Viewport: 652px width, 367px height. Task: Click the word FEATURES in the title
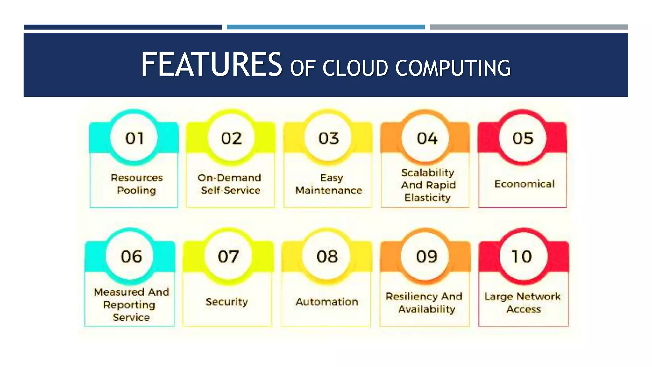tap(211, 65)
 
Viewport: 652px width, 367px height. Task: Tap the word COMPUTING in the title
tap(453, 68)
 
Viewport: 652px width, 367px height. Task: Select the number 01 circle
tap(134, 138)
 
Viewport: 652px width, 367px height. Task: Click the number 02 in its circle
tap(231, 138)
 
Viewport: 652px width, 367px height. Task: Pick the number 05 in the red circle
tap(522, 138)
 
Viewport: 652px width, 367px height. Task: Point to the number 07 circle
tap(228, 256)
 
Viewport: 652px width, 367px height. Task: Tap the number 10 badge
tap(522, 256)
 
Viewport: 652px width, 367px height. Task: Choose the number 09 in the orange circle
tap(427, 256)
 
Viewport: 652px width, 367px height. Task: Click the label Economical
tap(524, 184)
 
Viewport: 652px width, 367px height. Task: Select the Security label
tap(227, 302)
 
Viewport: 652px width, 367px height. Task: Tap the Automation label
tap(327, 302)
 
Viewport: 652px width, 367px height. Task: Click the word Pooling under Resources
tap(136, 191)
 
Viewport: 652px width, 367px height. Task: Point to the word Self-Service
tap(230, 191)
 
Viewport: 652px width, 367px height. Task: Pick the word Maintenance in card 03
tap(329, 191)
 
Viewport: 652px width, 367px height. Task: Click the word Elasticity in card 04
tap(428, 198)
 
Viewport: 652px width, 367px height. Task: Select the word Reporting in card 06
tap(130, 305)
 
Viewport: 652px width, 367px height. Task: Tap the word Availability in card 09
tap(427, 309)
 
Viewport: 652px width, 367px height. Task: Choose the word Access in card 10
tap(524, 309)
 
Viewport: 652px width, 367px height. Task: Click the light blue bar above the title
tap(325, 27)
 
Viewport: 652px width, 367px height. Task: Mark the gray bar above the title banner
tap(529, 27)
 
